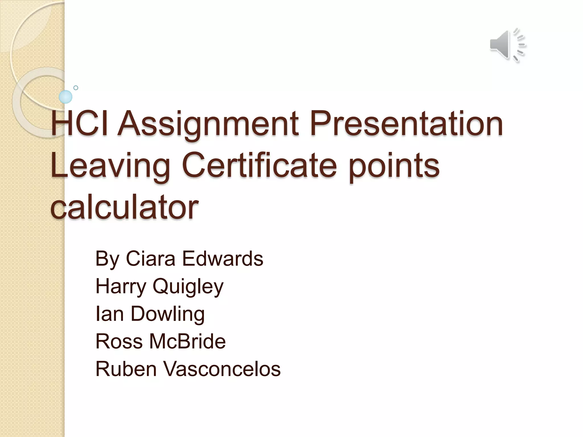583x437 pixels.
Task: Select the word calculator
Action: pos(124,206)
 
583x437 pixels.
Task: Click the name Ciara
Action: pos(151,259)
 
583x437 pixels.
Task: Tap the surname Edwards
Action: pos(223,259)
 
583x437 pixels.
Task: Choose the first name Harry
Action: pos(121,286)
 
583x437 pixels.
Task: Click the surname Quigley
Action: pos(188,287)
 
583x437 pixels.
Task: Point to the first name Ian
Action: pos(110,314)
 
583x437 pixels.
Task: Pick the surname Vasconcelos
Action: pos(222,369)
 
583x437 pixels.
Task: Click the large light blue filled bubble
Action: pos(65,97)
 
